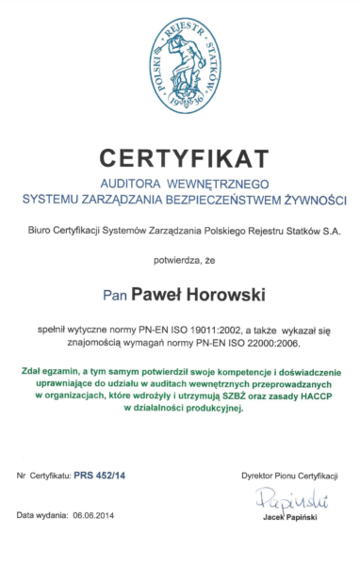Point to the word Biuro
coord(41,230)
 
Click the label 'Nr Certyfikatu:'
coord(43,477)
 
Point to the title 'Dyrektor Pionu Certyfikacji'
coord(288,477)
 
